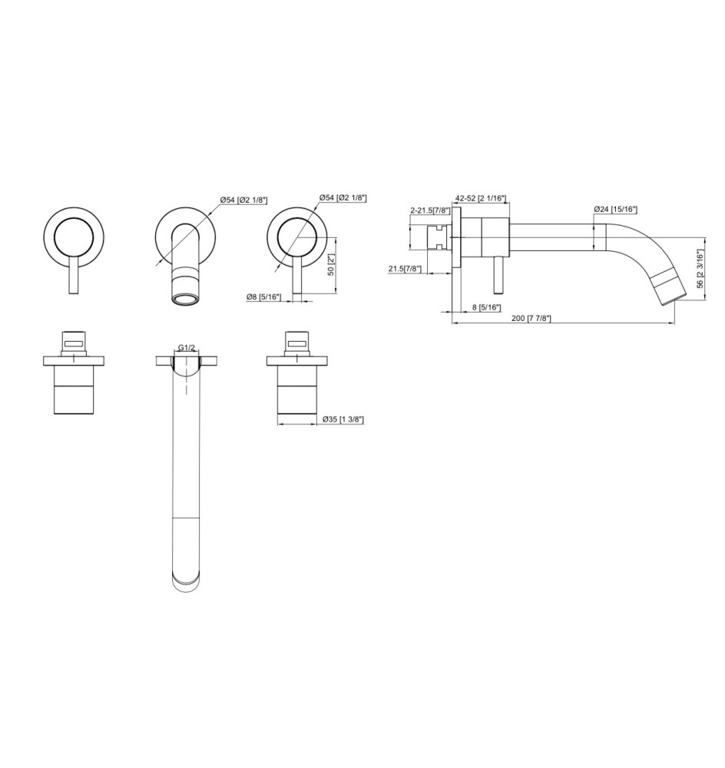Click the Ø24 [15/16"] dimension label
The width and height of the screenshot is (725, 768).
[616, 209]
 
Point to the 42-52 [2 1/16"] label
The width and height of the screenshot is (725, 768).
[480, 198]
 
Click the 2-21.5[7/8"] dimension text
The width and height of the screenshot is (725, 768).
[430, 210]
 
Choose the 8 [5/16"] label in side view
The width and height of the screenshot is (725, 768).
[485, 307]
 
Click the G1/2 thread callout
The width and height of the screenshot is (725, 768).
[186, 347]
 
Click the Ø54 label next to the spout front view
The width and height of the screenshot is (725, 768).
[243, 200]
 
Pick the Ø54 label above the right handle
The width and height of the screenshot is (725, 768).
[343, 198]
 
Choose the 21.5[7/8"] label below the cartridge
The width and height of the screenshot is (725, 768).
[405, 268]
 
